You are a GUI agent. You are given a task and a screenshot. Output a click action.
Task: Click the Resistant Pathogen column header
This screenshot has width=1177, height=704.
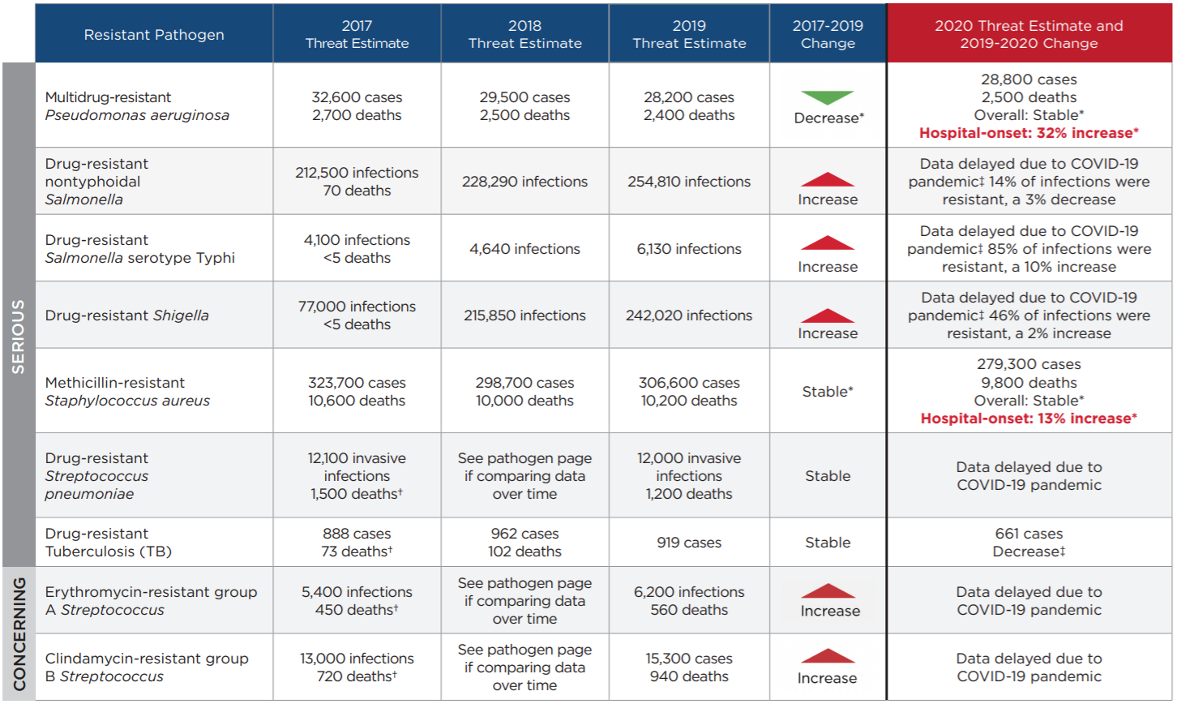click(x=154, y=34)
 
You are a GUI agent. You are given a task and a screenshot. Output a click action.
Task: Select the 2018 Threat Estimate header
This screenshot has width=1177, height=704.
click(x=524, y=34)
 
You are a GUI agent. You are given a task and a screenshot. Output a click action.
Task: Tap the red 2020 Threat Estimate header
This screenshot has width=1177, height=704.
click(x=1029, y=34)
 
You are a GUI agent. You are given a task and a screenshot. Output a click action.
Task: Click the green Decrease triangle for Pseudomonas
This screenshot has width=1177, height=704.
click(x=828, y=97)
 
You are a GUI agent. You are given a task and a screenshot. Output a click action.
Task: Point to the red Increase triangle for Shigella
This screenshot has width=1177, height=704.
click(x=828, y=316)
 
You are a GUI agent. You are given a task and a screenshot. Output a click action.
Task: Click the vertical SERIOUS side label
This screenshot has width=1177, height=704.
click(x=18, y=337)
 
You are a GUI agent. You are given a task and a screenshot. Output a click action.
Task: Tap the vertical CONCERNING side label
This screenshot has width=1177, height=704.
click(x=18, y=633)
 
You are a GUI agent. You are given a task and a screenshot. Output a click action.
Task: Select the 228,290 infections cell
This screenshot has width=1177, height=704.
click(x=524, y=182)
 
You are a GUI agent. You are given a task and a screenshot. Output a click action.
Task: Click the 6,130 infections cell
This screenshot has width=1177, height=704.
click(x=689, y=249)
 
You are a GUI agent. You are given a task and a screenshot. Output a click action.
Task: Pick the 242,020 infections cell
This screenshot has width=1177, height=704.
click(x=689, y=316)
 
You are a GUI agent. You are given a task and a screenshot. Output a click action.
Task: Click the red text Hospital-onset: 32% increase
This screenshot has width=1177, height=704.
click(x=1029, y=133)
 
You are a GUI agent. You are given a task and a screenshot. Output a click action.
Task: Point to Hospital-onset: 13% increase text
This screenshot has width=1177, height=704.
click(x=1029, y=419)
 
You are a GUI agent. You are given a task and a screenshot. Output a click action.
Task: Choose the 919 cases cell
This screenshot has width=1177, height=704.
click(x=689, y=543)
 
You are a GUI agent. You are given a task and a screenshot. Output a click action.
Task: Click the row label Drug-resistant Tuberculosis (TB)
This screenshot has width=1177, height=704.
click(x=109, y=543)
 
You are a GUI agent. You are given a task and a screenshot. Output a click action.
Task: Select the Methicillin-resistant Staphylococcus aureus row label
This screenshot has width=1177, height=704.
click(x=127, y=392)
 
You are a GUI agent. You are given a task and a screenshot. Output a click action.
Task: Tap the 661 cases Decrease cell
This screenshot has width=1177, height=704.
click(x=1029, y=543)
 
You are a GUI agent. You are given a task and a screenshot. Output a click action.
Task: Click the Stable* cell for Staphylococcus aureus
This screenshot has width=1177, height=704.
click(x=828, y=392)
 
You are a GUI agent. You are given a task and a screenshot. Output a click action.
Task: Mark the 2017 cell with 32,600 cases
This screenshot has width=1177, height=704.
click(x=357, y=106)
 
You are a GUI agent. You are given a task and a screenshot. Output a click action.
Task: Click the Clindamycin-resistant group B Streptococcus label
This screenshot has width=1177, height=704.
click(x=147, y=668)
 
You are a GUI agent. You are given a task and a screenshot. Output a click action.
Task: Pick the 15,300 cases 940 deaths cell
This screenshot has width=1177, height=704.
click(x=689, y=668)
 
